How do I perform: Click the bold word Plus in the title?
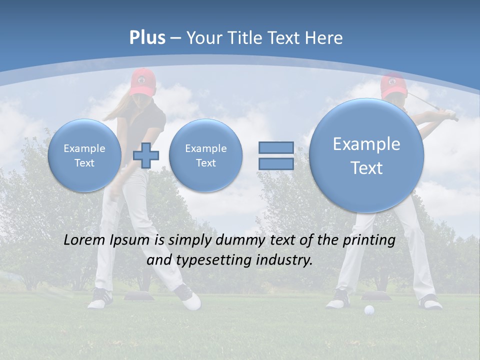147,38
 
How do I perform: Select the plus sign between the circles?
146,155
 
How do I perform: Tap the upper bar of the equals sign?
276,147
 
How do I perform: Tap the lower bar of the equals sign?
276,164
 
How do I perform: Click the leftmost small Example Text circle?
84,155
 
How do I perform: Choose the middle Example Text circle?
205,155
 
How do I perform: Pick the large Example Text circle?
366,155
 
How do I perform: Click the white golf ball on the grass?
369,310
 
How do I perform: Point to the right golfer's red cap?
392,83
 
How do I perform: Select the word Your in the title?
203,38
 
